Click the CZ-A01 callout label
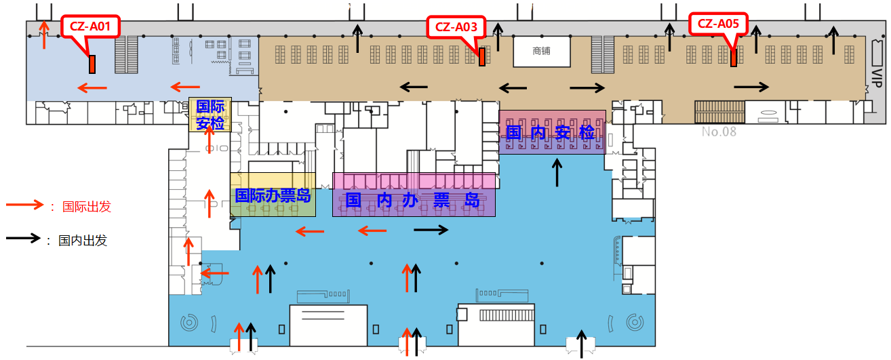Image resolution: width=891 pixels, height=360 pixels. click(x=90, y=27)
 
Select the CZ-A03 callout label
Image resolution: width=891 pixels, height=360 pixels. click(x=456, y=27)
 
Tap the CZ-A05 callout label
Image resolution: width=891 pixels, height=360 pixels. click(x=718, y=24)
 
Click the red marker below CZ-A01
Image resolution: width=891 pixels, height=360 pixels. click(x=92, y=64)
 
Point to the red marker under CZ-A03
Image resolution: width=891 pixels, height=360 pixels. click(x=481, y=57)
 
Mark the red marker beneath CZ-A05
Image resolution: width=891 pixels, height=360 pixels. click(x=734, y=58)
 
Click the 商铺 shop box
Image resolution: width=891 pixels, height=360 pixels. click(x=541, y=51)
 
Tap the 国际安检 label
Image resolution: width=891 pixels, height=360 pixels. click(x=210, y=115)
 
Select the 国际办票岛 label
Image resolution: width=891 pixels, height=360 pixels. click(x=273, y=195)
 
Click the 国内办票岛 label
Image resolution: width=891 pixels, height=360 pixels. click(x=413, y=201)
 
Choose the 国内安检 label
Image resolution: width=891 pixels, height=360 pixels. click(x=551, y=133)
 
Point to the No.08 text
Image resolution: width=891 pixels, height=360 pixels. click(x=719, y=132)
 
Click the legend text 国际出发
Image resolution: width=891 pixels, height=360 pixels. click(x=86, y=207)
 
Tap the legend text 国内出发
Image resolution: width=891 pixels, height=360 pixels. click(x=83, y=240)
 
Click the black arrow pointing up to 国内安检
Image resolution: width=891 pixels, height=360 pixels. click(x=557, y=172)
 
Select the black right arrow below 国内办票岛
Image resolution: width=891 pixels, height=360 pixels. click(x=431, y=230)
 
